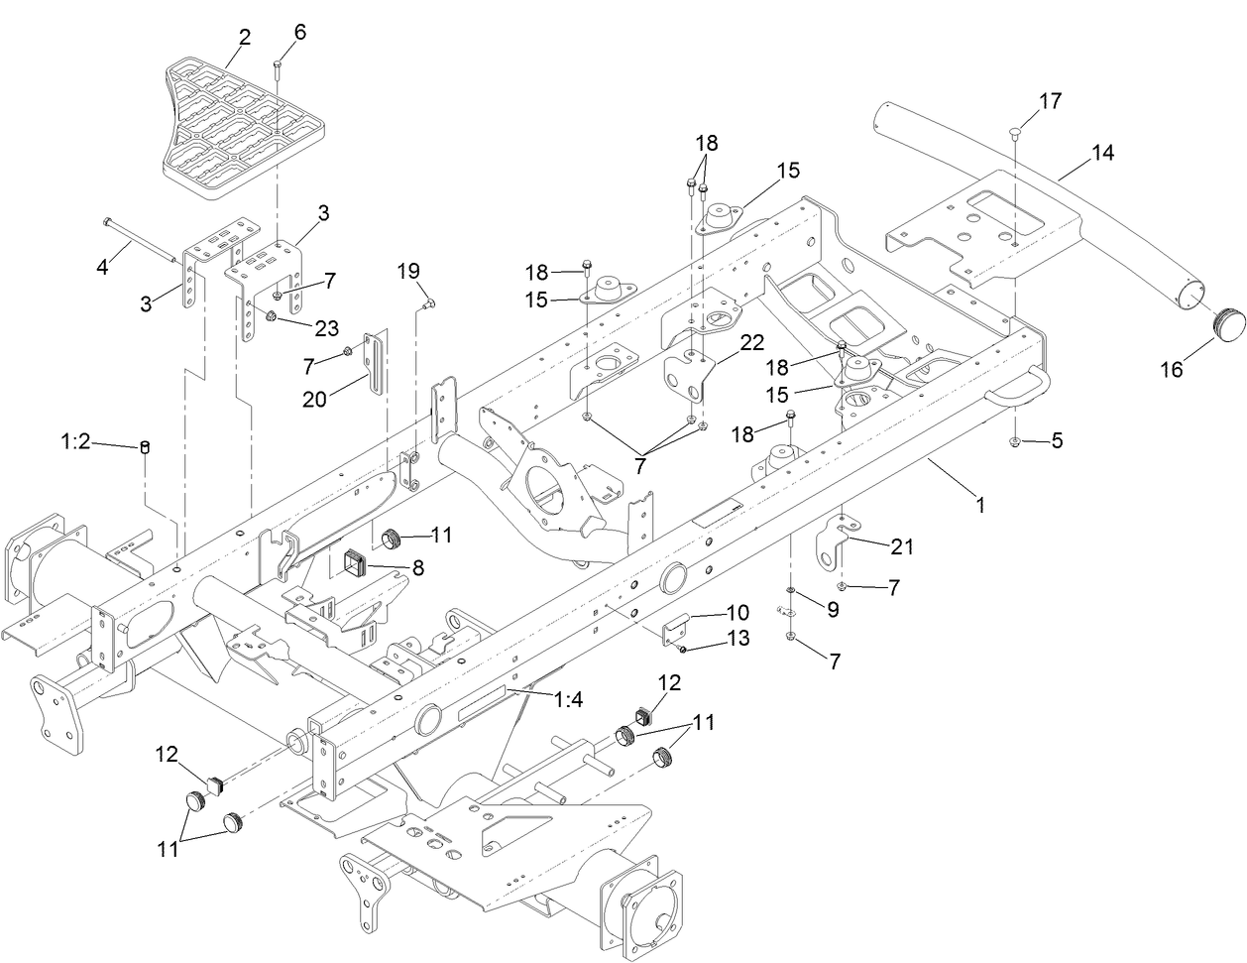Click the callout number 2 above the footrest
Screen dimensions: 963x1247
point(244,38)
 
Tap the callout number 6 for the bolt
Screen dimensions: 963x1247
point(299,32)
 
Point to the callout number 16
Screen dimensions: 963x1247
point(1171,370)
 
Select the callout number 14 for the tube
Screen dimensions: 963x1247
point(1102,153)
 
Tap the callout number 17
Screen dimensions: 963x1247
point(1050,101)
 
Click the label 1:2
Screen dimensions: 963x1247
point(75,442)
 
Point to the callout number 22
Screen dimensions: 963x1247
point(751,342)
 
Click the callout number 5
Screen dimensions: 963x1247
point(1057,441)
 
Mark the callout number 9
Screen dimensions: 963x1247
point(833,611)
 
